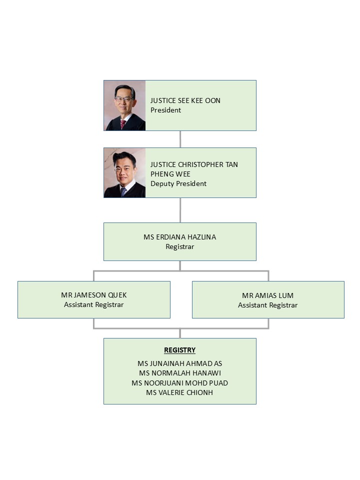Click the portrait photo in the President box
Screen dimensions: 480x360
(x=124, y=105)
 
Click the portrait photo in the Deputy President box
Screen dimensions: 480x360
(x=124, y=172)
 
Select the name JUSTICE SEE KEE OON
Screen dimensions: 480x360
(x=185, y=100)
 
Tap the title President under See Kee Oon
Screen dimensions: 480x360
(x=165, y=110)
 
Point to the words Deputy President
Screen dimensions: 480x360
(x=178, y=183)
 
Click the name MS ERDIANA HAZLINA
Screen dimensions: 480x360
(x=179, y=237)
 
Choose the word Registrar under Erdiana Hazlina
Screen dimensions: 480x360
(x=179, y=246)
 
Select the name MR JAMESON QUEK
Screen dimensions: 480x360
(x=93, y=295)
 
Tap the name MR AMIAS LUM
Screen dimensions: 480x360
(x=268, y=295)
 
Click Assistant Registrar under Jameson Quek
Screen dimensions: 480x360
(x=93, y=304)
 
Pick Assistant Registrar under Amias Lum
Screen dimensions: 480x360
(x=268, y=305)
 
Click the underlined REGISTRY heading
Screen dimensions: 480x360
(x=179, y=350)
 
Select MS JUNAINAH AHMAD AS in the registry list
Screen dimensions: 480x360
(x=179, y=363)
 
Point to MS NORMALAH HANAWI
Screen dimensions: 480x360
(x=179, y=373)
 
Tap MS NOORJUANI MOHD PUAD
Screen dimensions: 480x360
(x=179, y=383)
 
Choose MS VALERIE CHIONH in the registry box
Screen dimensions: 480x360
(x=179, y=392)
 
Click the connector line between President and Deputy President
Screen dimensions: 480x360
(x=180, y=139)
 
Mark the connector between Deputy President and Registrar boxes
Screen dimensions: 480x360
(x=180, y=210)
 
